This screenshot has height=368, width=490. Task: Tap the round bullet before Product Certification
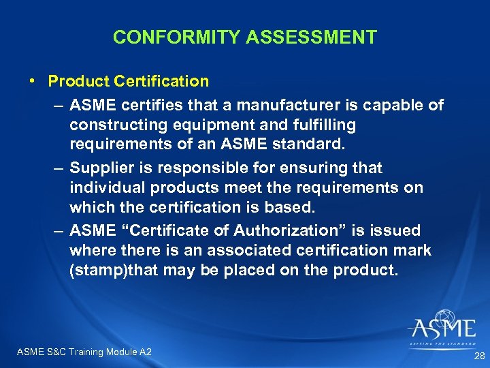(x=33, y=81)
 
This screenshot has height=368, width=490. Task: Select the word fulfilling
(x=319, y=125)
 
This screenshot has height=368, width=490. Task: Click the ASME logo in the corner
(x=442, y=327)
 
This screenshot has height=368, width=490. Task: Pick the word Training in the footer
(x=84, y=352)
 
